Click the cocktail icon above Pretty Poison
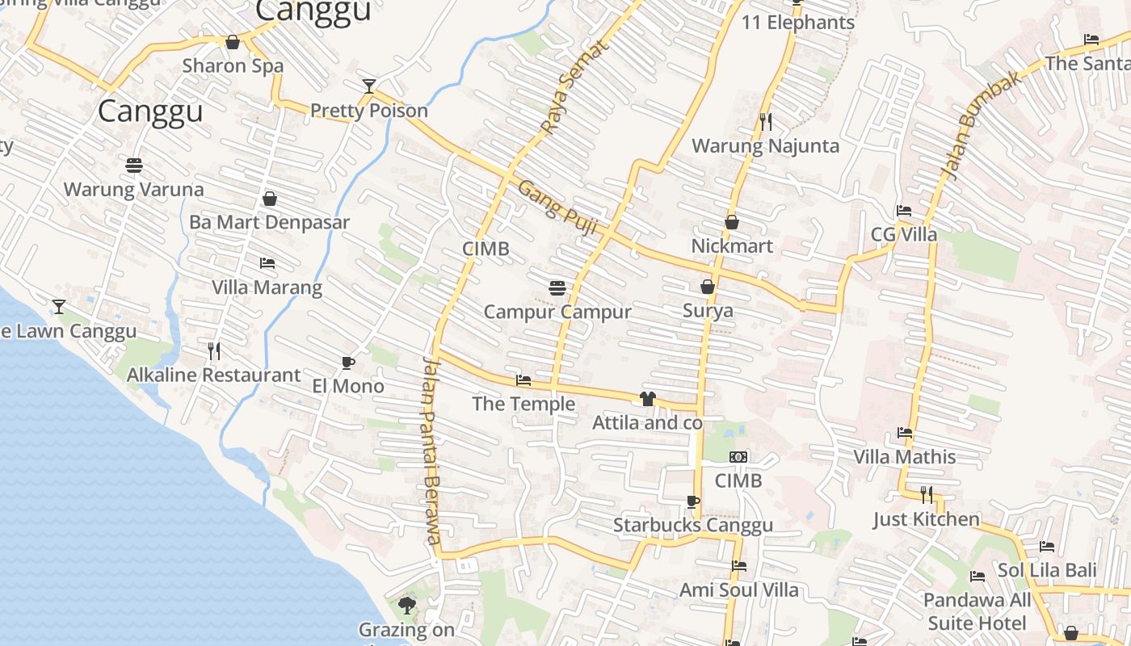(369, 86)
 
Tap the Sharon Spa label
(233, 65)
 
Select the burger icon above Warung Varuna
(134, 166)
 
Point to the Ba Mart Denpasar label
(269, 222)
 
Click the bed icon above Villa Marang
(267, 263)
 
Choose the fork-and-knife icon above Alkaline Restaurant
(214, 350)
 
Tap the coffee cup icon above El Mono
(347, 363)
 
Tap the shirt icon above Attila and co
(647, 398)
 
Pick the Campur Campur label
(557, 312)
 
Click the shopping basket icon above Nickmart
(732, 221)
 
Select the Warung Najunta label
(766, 146)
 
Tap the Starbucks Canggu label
(693, 525)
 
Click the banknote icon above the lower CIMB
(738, 457)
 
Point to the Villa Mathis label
(905, 457)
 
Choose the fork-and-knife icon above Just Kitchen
(927, 493)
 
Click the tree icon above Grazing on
(407, 605)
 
